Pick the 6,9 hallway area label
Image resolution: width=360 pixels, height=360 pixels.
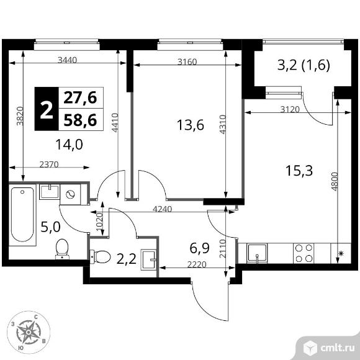coord(200,250)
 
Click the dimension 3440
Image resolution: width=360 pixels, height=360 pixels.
coord(68,61)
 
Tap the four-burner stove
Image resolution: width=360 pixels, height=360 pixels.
coord(303,253)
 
